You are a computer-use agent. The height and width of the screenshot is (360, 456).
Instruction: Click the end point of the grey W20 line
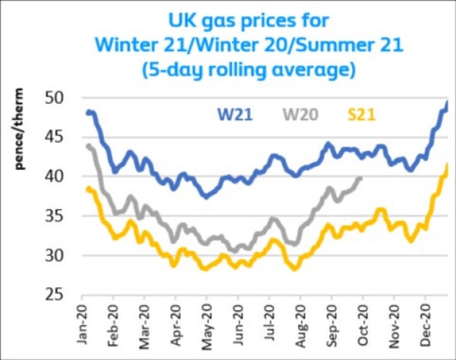361,178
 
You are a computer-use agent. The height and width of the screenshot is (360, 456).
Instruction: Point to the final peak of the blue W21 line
447,102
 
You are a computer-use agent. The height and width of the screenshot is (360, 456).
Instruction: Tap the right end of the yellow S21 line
447,165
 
